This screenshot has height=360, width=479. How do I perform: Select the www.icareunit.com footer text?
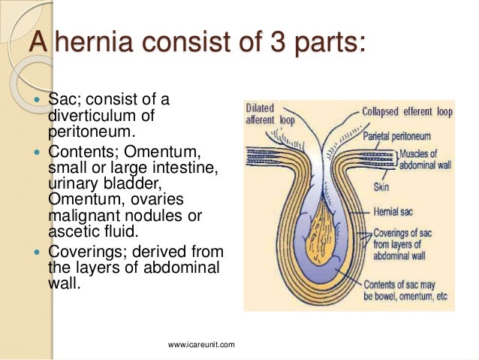tap(202, 344)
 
